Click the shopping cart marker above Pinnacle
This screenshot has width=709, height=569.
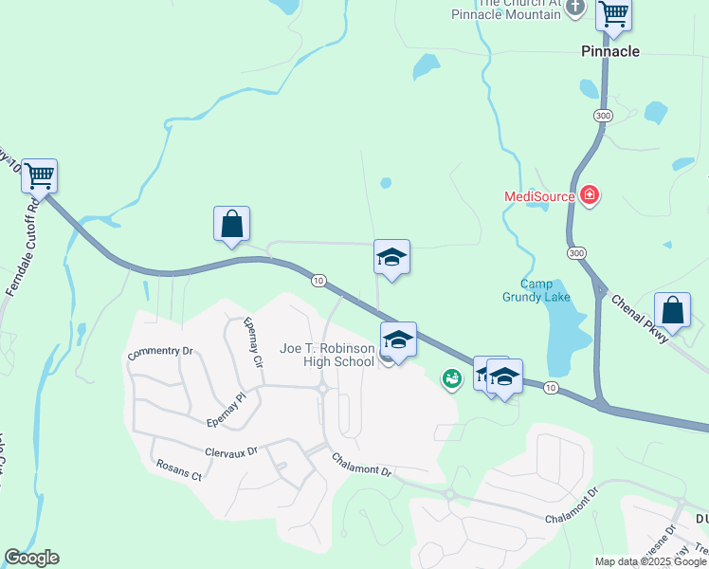point(614,14)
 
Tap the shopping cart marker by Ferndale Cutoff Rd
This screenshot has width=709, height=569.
point(39,175)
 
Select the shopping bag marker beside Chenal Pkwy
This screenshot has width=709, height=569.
point(672,310)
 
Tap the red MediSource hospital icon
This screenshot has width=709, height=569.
point(591,196)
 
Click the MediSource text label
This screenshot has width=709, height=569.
point(539,196)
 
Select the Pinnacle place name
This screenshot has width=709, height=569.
point(610,51)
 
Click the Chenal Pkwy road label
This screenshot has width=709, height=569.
point(639,318)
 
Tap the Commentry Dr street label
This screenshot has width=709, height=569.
point(160,351)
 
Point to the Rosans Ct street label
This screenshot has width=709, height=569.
point(177,471)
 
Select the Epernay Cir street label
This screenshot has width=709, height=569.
point(252,341)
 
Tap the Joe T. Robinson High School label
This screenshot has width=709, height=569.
point(327,355)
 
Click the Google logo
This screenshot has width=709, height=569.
point(31,558)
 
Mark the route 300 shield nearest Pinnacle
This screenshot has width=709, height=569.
point(603,115)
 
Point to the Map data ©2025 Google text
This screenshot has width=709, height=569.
point(649,561)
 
